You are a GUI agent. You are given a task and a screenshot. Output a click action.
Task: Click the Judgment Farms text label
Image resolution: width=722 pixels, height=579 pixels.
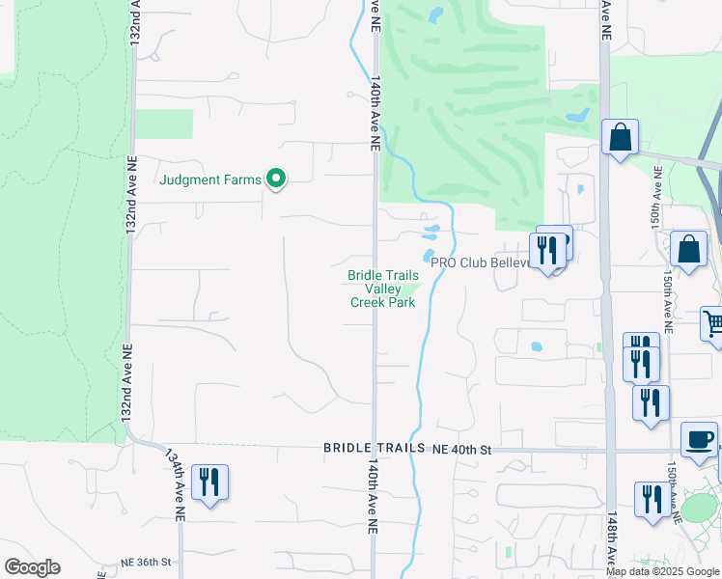pyautogui.click(x=210, y=179)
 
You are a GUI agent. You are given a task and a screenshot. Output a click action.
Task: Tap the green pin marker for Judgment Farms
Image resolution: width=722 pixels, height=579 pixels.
pyautogui.click(x=276, y=179)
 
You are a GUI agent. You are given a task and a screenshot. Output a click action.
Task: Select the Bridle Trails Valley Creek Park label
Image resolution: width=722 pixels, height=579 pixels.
pyautogui.click(x=383, y=289)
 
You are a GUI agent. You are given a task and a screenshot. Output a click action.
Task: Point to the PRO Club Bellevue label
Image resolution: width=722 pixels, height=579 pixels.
pyautogui.click(x=481, y=262)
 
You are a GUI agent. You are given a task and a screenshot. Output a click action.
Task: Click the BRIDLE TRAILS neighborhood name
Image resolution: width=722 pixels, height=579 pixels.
pyautogui.click(x=374, y=449)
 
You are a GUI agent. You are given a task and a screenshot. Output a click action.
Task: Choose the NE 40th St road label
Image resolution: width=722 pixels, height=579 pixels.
pyautogui.click(x=462, y=449)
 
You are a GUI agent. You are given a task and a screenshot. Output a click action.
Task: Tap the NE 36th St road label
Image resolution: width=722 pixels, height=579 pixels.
pyautogui.click(x=146, y=562)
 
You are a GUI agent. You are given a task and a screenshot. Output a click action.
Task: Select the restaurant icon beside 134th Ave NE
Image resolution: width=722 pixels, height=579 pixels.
pyautogui.click(x=210, y=482)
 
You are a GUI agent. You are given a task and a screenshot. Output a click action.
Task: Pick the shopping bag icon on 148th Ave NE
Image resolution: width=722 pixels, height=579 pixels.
pyautogui.click(x=620, y=137)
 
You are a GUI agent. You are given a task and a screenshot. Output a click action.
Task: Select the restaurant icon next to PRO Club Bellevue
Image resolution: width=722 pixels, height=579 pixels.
pyautogui.click(x=546, y=250)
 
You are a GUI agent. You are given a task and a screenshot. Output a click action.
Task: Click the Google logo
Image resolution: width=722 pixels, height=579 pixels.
pyautogui.click(x=32, y=567)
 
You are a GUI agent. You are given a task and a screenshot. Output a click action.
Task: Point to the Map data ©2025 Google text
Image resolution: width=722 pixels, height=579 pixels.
pyautogui.click(x=663, y=571)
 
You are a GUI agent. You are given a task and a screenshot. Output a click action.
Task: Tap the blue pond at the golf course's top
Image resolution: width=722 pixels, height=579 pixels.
pyautogui.click(x=435, y=14)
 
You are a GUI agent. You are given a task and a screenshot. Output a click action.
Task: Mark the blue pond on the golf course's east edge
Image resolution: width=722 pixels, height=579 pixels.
pyautogui.click(x=578, y=115)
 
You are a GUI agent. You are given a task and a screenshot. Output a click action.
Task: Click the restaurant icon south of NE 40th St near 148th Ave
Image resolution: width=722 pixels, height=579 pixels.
pyautogui.click(x=652, y=499)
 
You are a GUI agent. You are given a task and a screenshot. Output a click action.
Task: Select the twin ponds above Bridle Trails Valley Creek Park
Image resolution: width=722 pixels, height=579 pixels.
pyautogui.click(x=430, y=234)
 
